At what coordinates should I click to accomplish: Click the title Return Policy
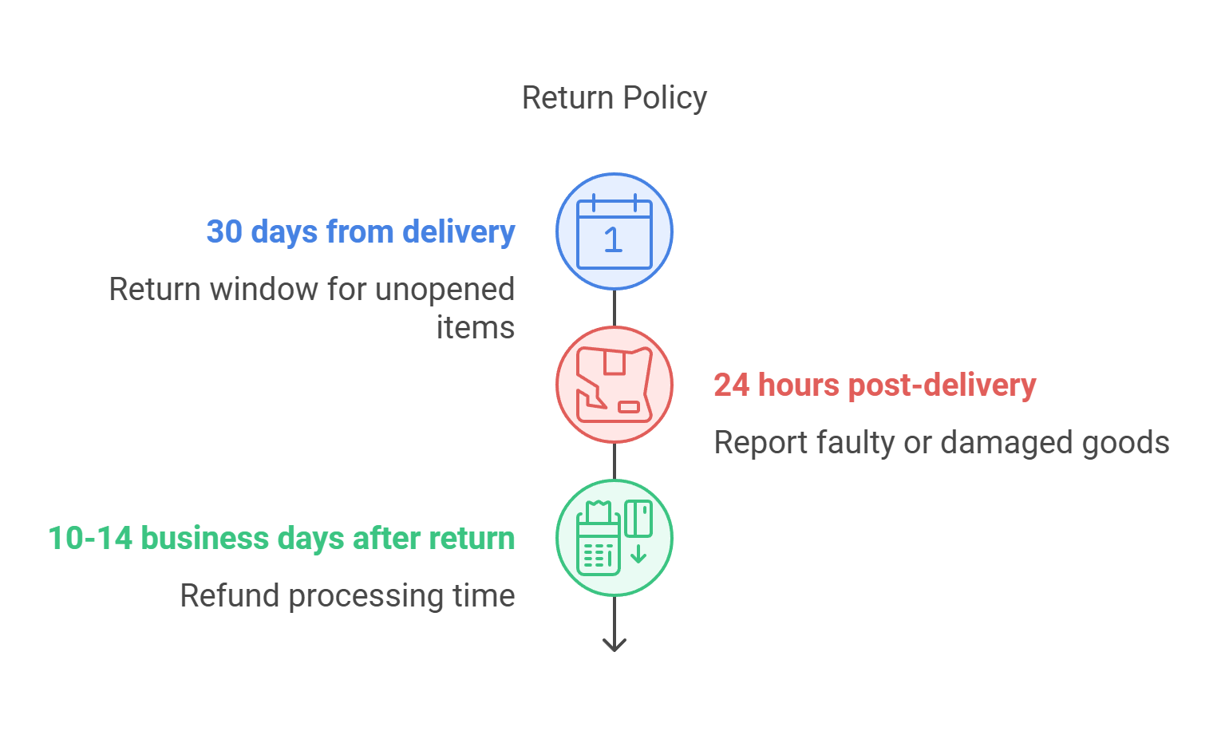614,98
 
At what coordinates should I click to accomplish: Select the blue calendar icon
614,231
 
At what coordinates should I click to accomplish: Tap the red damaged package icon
614,385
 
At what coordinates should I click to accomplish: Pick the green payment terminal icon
614,538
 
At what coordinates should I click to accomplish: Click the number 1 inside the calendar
613,240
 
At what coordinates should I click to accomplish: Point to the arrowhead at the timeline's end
614,644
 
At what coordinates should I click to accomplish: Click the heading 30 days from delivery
361,232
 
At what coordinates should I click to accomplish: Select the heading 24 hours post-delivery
875,385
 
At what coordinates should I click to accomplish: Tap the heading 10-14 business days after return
282,539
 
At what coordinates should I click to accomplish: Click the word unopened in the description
444,290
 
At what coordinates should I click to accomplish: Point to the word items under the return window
476,328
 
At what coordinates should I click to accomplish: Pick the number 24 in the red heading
732,385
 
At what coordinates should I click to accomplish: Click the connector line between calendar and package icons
614,308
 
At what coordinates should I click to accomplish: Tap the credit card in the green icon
638,518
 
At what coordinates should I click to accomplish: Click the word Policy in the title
665,98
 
